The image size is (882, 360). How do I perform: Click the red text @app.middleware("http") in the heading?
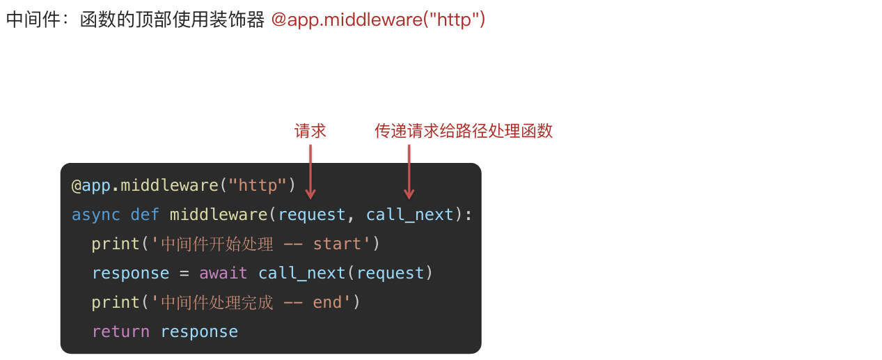378,19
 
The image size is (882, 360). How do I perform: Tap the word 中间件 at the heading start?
29,19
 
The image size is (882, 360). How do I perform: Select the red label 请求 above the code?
310,131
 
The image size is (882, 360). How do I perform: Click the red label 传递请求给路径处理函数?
464,131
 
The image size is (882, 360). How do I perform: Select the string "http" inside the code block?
258,185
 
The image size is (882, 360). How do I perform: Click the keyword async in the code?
96,214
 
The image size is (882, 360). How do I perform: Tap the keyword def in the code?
145,214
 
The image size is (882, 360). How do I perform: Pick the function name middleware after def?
219,214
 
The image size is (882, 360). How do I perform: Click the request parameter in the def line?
312,214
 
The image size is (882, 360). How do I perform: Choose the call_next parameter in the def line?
410,214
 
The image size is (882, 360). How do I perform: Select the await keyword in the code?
223,273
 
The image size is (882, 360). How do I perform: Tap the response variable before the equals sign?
130,273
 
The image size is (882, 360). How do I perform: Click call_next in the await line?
302,273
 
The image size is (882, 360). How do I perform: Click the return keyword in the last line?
120,331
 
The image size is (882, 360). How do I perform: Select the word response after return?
199,331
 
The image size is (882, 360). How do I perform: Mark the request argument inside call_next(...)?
391,273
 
